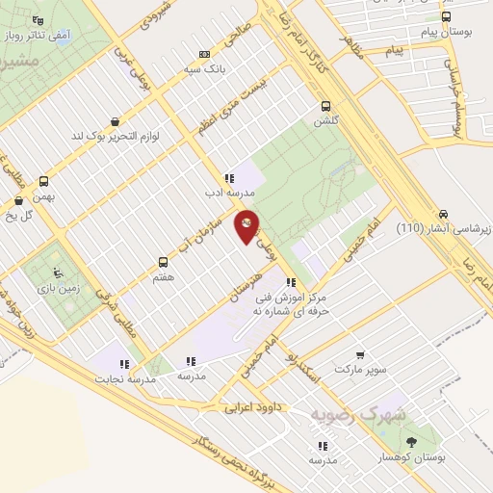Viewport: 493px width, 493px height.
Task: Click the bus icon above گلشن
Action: pos(324,106)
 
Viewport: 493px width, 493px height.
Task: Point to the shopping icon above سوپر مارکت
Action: pos(360,355)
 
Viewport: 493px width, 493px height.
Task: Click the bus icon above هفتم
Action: pos(163,261)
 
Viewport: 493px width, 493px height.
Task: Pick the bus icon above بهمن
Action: pos(43,181)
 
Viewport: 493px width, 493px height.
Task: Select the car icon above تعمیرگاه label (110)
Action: pos(442,213)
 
